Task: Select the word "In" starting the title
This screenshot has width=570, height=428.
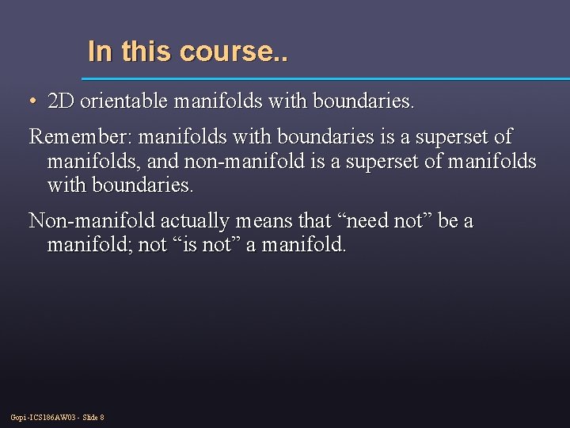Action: [x=100, y=52]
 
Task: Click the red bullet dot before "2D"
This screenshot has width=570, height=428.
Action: [x=32, y=102]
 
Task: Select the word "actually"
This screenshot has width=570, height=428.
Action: [x=196, y=221]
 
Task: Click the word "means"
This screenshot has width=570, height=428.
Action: [x=264, y=221]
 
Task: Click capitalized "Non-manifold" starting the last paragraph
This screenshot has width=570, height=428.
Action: [x=92, y=221]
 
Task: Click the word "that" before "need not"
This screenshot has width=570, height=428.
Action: [x=314, y=221]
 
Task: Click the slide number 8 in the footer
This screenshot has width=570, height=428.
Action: [x=102, y=418]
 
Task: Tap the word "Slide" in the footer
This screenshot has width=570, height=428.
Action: [x=89, y=418]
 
